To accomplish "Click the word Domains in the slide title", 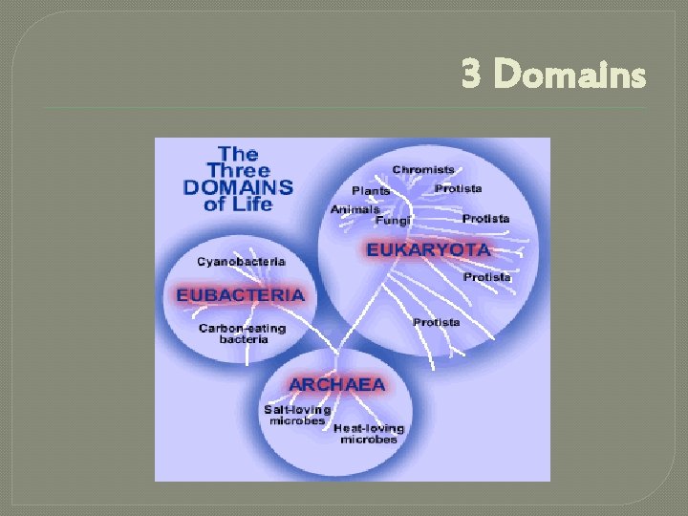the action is pyautogui.click(x=571, y=74).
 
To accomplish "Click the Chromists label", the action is pyautogui.click(x=423, y=170).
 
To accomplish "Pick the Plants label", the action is pyautogui.click(x=371, y=191).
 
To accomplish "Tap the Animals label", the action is pyautogui.click(x=355, y=209).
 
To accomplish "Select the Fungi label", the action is pyautogui.click(x=393, y=221).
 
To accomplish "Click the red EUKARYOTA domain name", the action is pyautogui.click(x=429, y=250).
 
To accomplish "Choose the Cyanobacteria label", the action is pyautogui.click(x=241, y=261).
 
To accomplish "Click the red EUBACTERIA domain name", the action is pyautogui.click(x=240, y=295).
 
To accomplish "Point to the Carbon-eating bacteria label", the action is pyautogui.click(x=242, y=333).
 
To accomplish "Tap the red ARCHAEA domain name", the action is pyautogui.click(x=337, y=384).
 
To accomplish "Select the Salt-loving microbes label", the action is pyautogui.click(x=296, y=415).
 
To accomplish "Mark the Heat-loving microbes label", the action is pyautogui.click(x=369, y=434).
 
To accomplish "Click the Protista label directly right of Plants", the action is pyautogui.click(x=459, y=188).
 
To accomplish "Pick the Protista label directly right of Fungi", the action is pyautogui.click(x=486, y=219).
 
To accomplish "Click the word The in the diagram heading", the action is pyautogui.click(x=238, y=153).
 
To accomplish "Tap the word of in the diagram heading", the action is pyautogui.click(x=216, y=203).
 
